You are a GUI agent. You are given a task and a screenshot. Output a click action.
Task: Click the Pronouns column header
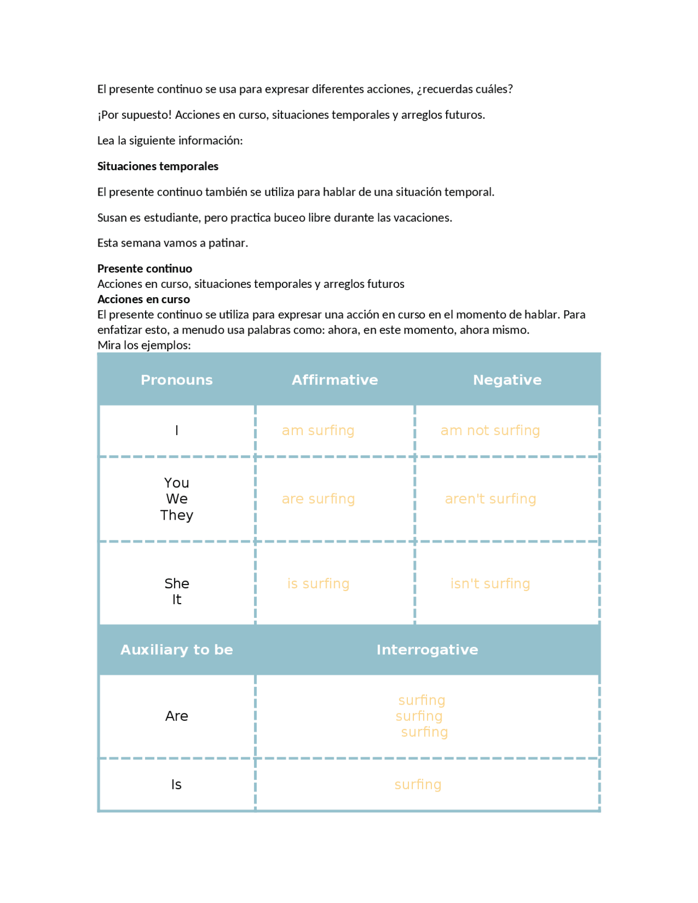(x=177, y=380)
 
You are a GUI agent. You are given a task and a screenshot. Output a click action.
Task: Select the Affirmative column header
(x=334, y=380)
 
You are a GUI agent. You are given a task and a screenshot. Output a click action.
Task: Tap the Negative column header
(x=507, y=380)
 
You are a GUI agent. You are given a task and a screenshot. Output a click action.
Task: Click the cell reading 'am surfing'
(x=318, y=431)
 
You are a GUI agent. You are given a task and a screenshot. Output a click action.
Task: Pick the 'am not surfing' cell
(x=490, y=431)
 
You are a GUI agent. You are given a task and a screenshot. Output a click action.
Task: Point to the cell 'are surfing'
(x=318, y=499)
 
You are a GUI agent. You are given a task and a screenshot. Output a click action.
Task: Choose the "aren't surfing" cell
(x=490, y=499)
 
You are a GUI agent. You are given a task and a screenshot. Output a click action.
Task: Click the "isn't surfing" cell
(x=490, y=584)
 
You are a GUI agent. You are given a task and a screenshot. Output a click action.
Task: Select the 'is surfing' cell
(x=318, y=584)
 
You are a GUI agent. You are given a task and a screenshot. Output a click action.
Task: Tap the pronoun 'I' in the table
(x=177, y=431)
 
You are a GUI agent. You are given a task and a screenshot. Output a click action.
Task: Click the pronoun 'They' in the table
(x=177, y=515)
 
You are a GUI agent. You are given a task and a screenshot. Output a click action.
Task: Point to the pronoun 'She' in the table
(x=177, y=583)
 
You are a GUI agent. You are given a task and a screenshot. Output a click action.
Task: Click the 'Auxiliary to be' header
(x=177, y=650)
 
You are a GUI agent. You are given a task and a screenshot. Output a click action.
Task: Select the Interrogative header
(x=427, y=650)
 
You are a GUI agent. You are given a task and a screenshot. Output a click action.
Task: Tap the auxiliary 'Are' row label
(x=177, y=716)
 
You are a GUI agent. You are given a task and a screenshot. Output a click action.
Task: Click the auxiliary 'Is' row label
(x=176, y=785)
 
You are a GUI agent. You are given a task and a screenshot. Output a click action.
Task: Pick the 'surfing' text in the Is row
(x=418, y=785)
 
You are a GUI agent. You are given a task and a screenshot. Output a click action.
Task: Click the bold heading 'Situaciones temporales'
(x=158, y=166)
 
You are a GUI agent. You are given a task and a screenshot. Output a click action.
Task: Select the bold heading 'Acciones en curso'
(x=143, y=299)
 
